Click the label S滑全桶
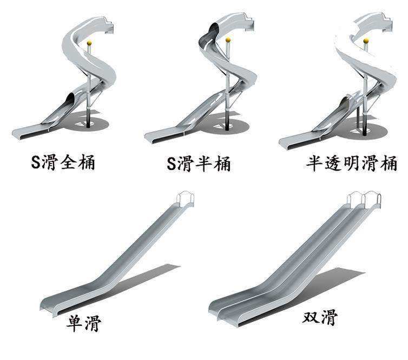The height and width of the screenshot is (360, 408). click(63, 162)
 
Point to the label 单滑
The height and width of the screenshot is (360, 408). click(84, 322)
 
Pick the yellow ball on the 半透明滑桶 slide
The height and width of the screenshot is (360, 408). click(366, 41)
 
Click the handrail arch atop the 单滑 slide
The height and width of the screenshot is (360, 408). click(185, 198)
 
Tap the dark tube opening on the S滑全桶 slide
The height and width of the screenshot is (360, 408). click(69, 99)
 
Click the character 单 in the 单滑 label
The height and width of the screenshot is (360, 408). click(75, 323)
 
